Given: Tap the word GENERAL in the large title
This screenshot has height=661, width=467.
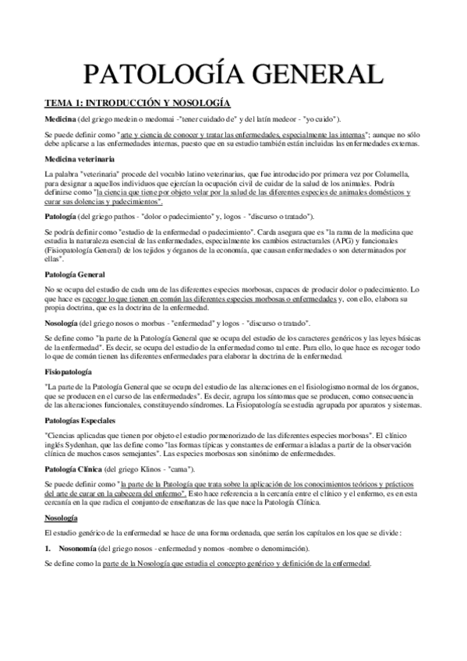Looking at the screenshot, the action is tap(313, 76).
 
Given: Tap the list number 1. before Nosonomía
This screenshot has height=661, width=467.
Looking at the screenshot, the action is tap(48, 549).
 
